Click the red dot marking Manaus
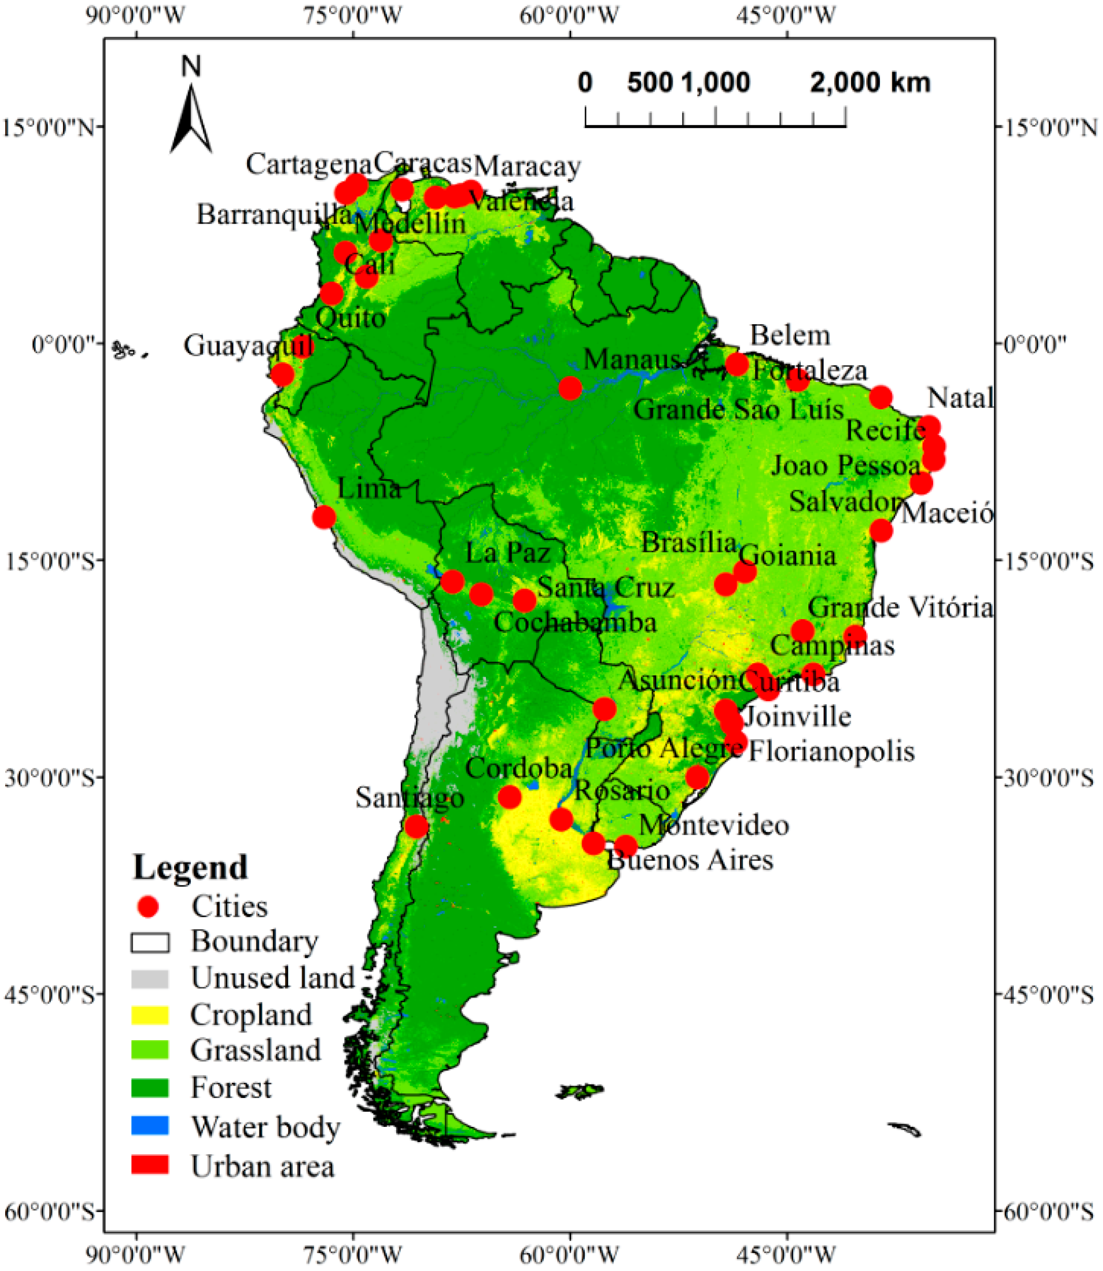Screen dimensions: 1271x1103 (x=570, y=388)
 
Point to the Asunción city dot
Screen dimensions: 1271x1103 (x=604, y=709)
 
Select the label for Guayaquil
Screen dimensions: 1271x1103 (x=249, y=345)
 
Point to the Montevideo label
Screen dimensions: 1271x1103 (x=714, y=825)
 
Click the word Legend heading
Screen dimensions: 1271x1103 (x=190, y=868)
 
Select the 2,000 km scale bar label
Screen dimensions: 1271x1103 (x=870, y=82)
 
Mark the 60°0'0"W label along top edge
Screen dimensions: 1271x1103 (x=569, y=15)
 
